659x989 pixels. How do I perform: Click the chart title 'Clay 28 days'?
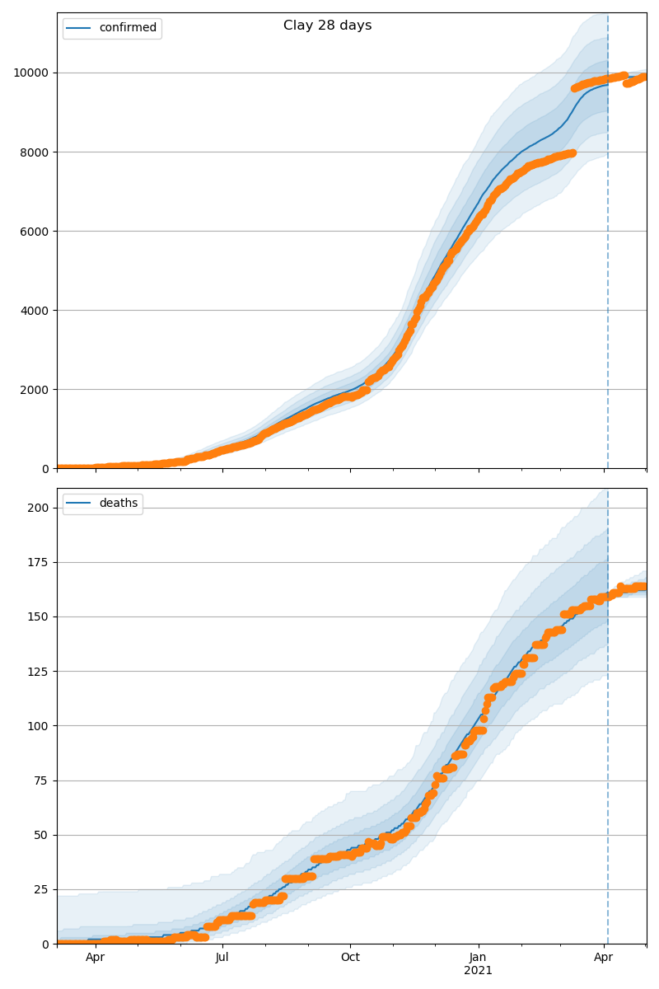[x=327, y=26]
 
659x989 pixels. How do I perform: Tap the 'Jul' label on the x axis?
[x=222, y=958]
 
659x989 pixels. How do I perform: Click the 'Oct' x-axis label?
[x=350, y=958]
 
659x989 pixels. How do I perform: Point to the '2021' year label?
[x=478, y=971]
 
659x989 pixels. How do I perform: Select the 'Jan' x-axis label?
[x=478, y=958]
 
